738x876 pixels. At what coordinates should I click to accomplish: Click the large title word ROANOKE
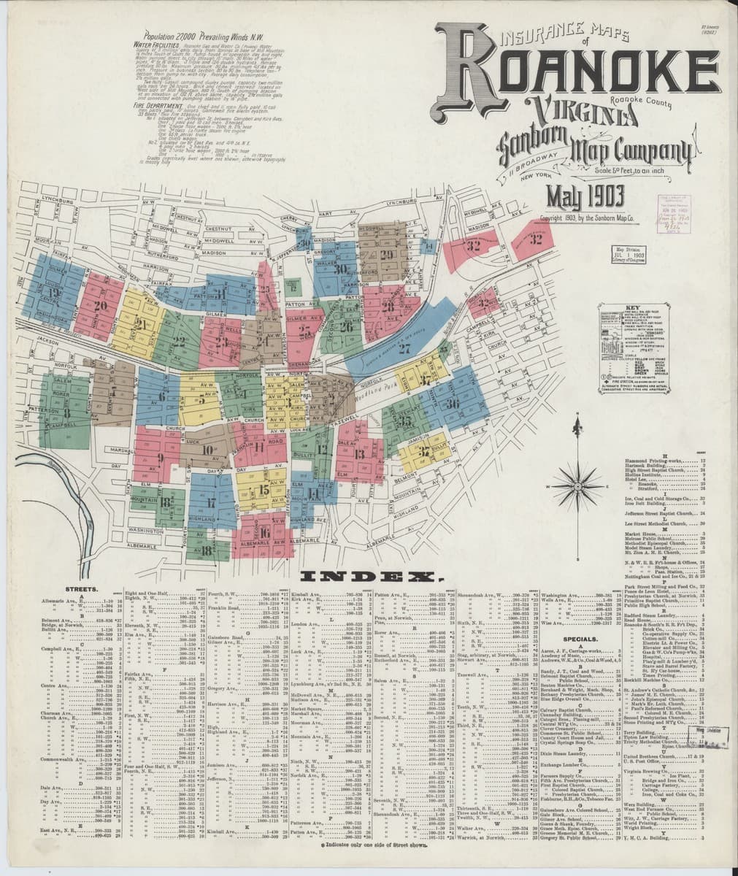(x=577, y=73)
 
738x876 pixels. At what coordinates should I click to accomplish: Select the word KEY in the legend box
(x=632, y=310)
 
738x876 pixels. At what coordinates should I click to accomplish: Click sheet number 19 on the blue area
(x=53, y=294)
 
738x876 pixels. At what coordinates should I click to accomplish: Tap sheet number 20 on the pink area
(x=99, y=306)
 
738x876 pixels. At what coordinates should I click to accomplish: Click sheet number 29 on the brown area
(x=386, y=254)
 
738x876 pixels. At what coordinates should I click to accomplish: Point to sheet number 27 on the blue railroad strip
(x=404, y=348)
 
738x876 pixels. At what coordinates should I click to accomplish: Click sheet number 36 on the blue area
(x=453, y=403)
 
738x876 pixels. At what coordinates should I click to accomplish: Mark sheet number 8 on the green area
(x=66, y=413)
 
